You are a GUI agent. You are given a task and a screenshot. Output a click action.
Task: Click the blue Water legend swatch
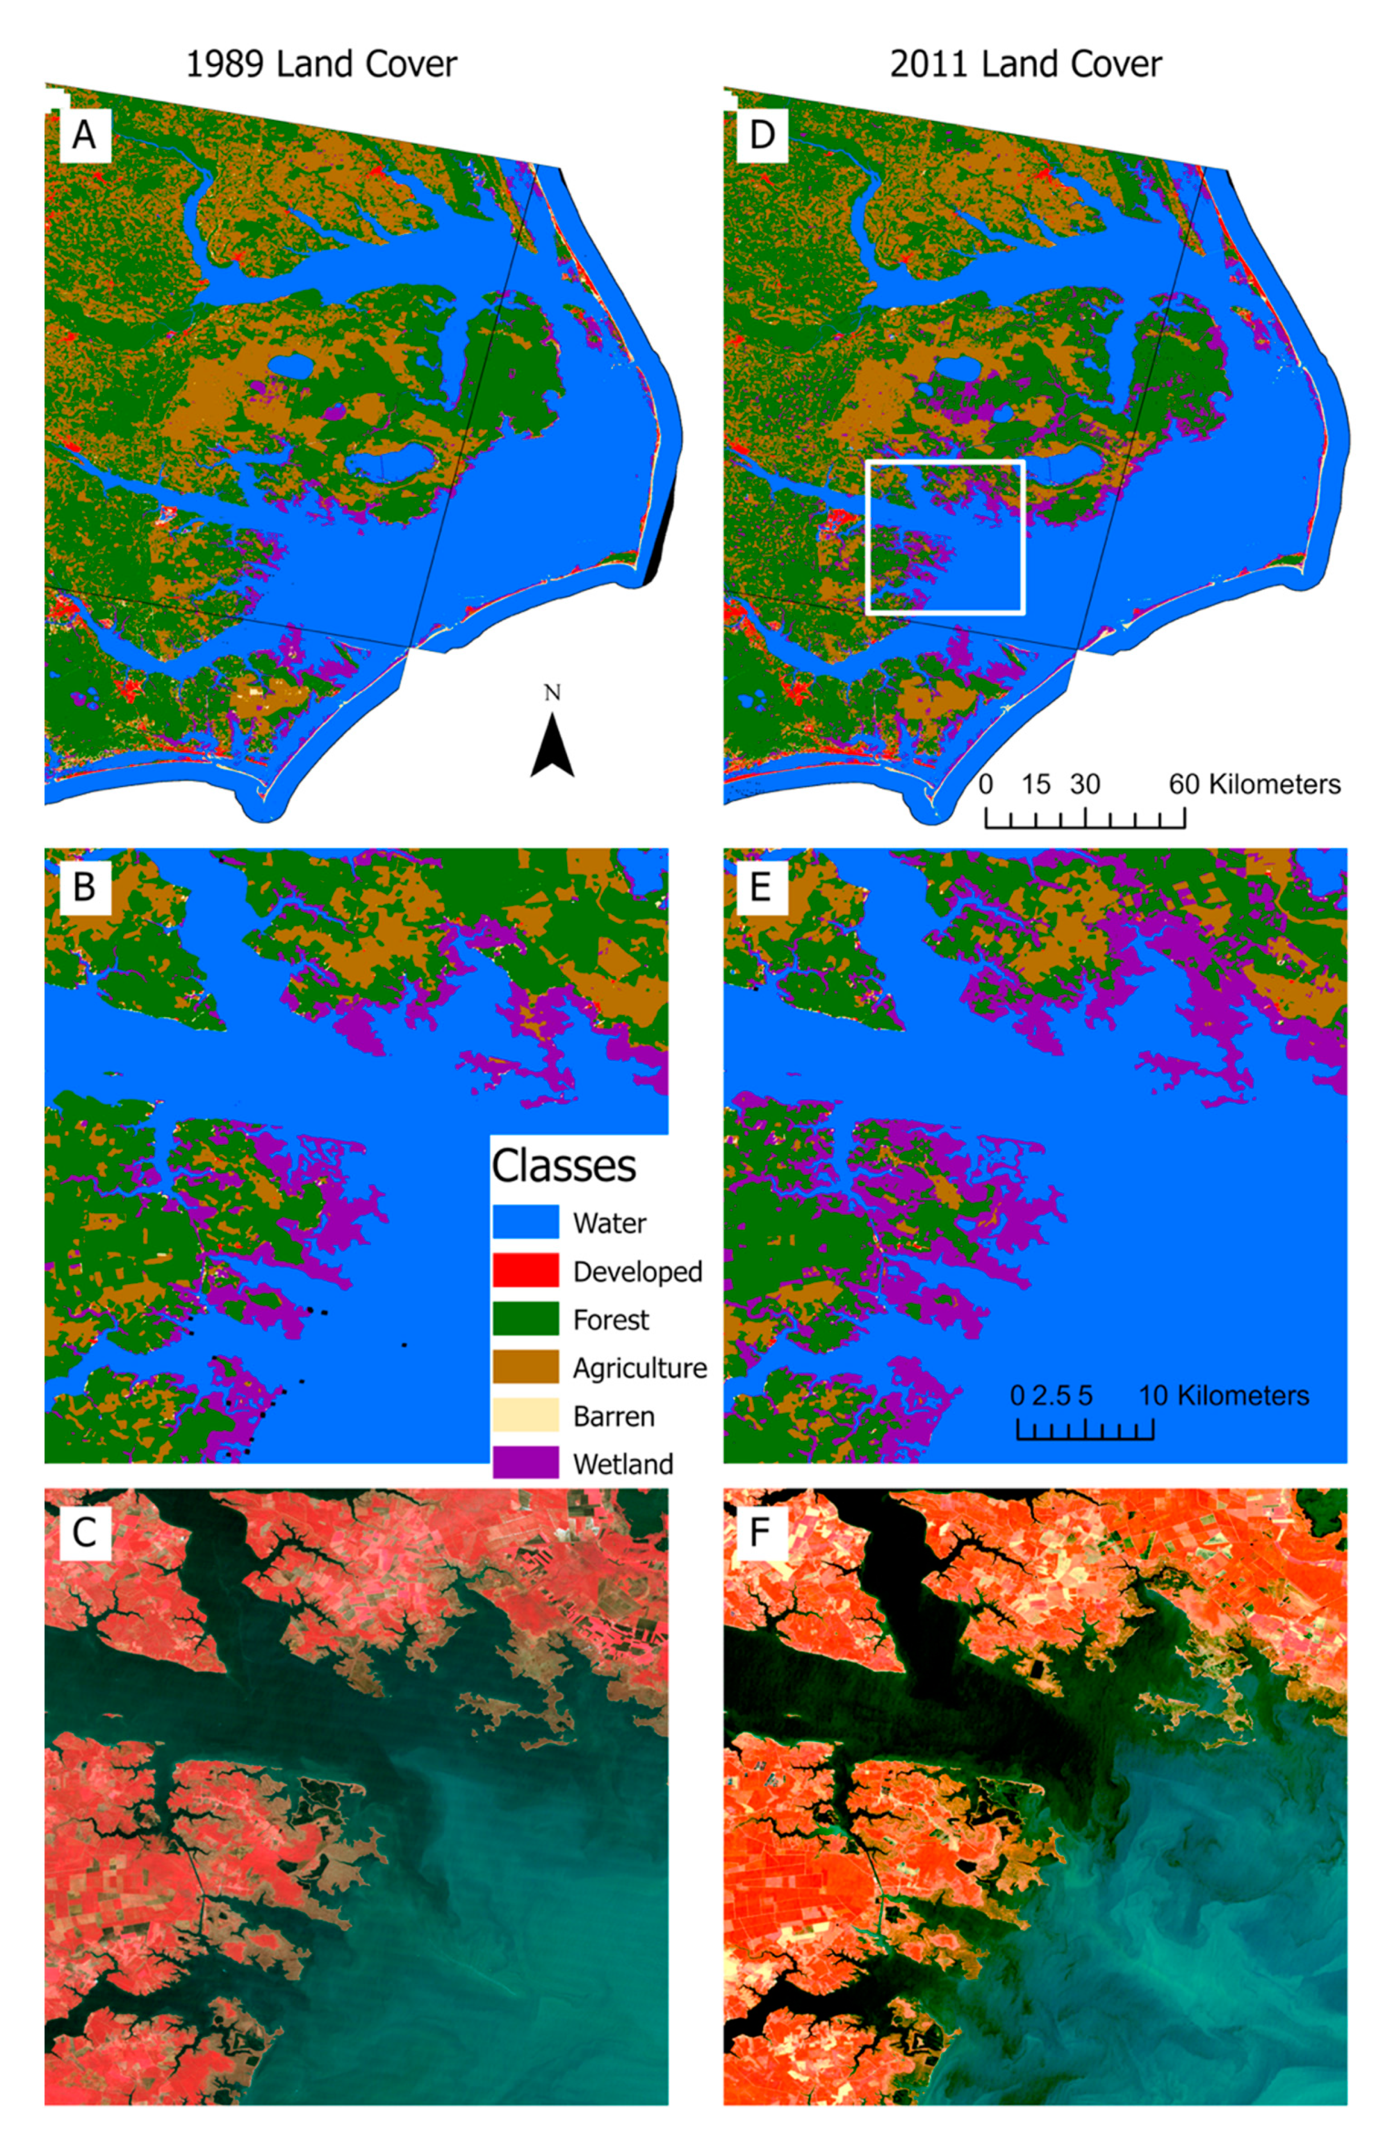tap(525, 1222)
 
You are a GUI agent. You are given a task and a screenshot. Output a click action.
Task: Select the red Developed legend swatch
tap(525, 1270)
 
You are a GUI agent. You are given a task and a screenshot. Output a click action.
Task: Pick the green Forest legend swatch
tap(525, 1319)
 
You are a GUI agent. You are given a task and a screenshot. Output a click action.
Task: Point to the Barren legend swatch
tap(525, 1415)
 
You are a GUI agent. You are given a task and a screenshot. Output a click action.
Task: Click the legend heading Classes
tap(563, 1166)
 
